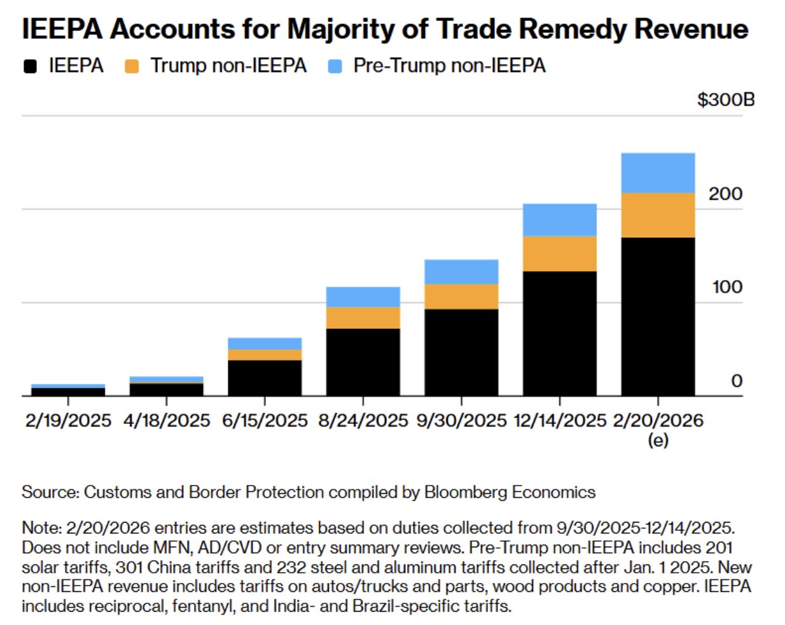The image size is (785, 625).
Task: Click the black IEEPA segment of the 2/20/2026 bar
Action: coord(658,316)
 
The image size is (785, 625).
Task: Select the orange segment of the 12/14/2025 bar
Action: coord(559,254)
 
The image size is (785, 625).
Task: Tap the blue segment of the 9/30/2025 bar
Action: coord(461,272)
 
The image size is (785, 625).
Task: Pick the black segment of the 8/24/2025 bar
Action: coord(363,362)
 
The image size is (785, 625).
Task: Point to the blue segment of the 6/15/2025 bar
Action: coord(265,344)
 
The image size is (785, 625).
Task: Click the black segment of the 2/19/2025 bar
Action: coord(68,391)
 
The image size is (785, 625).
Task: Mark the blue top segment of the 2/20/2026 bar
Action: coord(658,173)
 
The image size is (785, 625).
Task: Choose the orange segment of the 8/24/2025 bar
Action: coord(363,318)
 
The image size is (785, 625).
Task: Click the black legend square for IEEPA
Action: coord(30,66)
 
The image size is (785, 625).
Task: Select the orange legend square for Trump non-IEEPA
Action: coord(132,66)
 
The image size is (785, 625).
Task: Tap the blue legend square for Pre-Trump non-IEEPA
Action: coord(335,66)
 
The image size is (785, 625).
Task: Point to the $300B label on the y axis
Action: coord(726,100)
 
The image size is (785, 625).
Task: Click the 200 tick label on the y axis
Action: coord(725,193)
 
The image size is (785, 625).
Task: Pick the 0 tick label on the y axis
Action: coord(737,381)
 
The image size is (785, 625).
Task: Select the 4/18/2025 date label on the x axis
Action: coord(167,421)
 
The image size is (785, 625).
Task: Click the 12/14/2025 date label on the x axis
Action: coord(560,421)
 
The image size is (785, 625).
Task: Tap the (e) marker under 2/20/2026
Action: coord(658,440)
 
